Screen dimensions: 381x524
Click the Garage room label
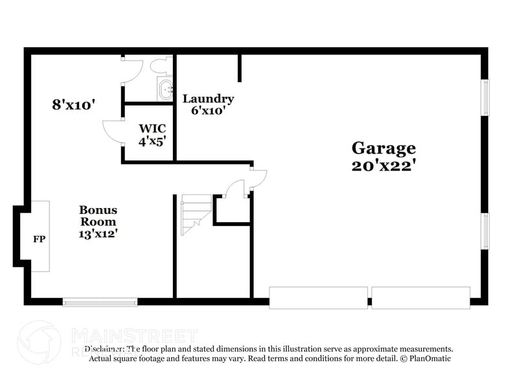point(383,148)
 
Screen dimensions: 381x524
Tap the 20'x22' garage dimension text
point(383,165)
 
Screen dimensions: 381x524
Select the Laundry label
point(208,98)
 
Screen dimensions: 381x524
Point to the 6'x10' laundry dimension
point(208,110)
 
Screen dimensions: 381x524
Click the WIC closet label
point(148,127)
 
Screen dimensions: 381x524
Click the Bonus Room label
point(98,216)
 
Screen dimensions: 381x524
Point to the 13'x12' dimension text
point(98,233)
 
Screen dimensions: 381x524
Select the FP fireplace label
point(39,238)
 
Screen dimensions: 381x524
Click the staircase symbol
point(195,214)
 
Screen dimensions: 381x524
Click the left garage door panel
point(318,297)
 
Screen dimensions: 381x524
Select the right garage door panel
point(420,297)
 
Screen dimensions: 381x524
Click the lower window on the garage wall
point(484,231)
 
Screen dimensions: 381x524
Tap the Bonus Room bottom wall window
point(100,301)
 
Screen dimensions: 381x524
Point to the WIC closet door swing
point(113,131)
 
